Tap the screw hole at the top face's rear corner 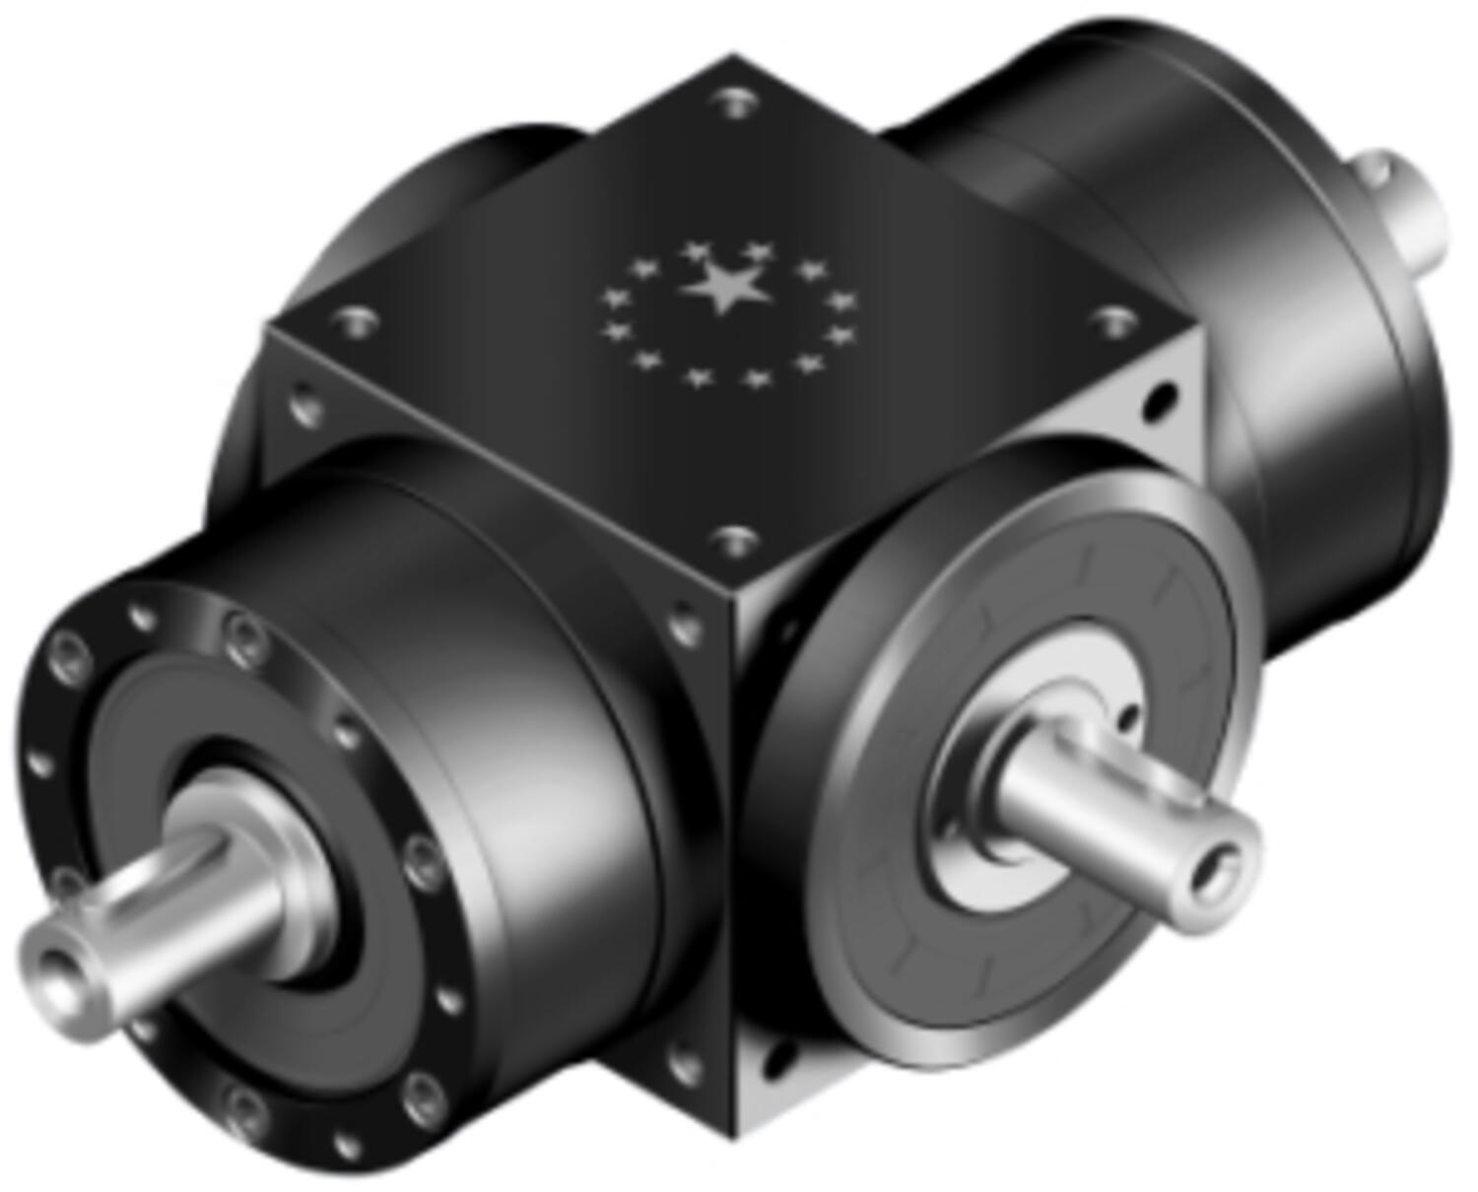(734, 101)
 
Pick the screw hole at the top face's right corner (1114, 319)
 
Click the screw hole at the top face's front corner (733, 540)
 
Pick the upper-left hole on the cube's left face (304, 405)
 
